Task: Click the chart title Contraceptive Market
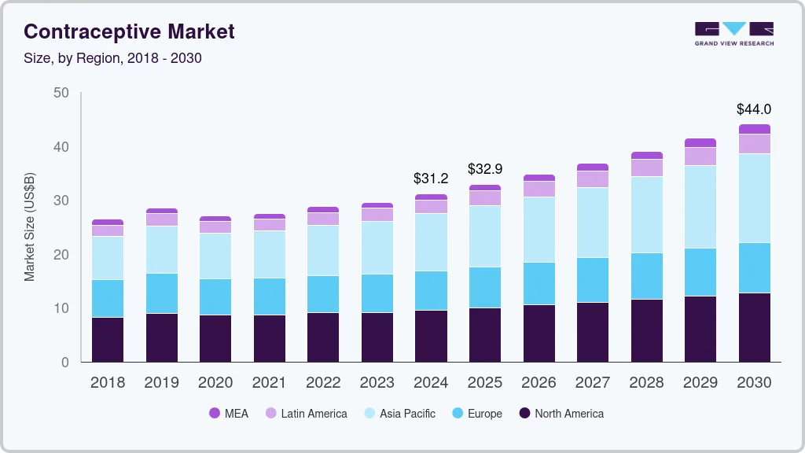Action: pyautogui.click(x=129, y=32)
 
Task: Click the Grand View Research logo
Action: pyautogui.click(x=733, y=33)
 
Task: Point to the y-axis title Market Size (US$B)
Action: pyautogui.click(x=30, y=226)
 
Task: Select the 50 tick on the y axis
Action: pyautogui.click(x=61, y=93)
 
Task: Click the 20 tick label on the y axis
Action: pyautogui.click(x=61, y=255)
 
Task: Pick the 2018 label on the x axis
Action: pyautogui.click(x=107, y=383)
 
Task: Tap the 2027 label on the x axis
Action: pyautogui.click(x=592, y=383)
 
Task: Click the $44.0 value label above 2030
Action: pyautogui.click(x=753, y=109)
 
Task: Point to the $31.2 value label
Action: pyautogui.click(x=431, y=179)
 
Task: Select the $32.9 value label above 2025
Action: pyautogui.click(x=484, y=169)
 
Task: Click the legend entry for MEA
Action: pyautogui.click(x=229, y=414)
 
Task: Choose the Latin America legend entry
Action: pyautogui.click(x=306, y=414)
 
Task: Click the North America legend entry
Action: pyautogui.click(x=561, y=414)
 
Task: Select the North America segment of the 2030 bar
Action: pyautogui.click(x=754, y=327)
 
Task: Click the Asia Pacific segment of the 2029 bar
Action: pyautogui.click(x=700, y=207)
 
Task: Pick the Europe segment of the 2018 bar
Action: pyautogui.click(x=108, y=298)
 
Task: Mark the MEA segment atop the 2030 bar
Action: pyautogui.click(x=754, y=129)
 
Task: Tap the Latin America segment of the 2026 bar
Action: pyautogui.click(x=539, y=189)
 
